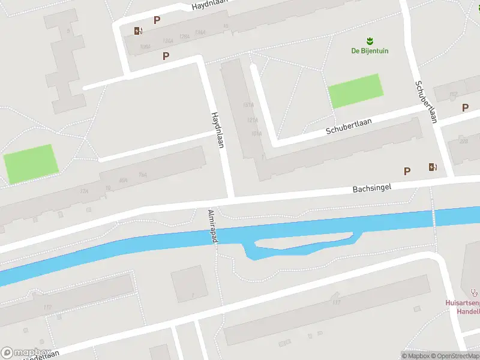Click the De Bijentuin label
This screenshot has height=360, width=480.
click(370, 51)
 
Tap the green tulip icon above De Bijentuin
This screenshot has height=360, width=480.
click(370, 41)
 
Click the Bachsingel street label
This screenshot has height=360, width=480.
click(371, 188)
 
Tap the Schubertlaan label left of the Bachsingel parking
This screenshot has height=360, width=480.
click(349, 126)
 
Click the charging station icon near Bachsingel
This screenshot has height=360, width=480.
click(432, 167)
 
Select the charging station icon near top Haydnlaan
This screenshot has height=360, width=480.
click(139, 31)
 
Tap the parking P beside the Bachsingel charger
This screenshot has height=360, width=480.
click(407, 172)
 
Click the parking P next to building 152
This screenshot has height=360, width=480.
click(465, 108)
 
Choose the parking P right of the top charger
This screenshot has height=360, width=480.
click(157, 20)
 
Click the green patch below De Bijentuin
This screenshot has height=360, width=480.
click(355, 91)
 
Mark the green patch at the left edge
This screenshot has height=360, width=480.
click(31, 163)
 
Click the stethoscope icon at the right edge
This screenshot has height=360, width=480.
click(475, 293)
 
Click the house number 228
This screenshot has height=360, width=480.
click(463, 142)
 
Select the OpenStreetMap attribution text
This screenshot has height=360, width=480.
click(456, 356)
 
